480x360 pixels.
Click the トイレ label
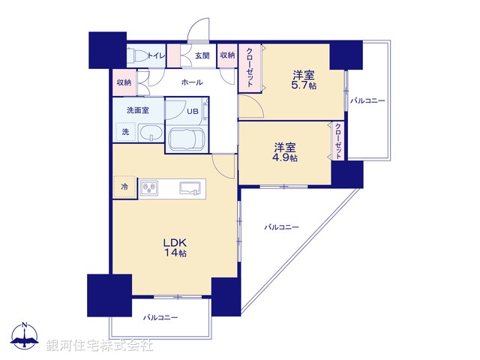coord(157,55)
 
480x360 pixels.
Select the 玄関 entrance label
coord(202,55)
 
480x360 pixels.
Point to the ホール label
coord(191,82)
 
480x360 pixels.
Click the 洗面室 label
coord(137,110)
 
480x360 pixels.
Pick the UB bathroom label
coord(193,112)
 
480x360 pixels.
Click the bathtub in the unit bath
coord(189,139)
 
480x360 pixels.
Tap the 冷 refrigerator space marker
coord(125,187)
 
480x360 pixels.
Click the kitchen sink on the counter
coord(190,187)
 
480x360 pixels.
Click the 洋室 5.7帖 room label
coord(304,80)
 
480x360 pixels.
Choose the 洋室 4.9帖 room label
coord(285,152)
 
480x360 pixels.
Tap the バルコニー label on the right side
coord(367,100)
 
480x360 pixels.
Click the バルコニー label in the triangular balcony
coord(282,226)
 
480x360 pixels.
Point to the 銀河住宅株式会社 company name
coord(100,346)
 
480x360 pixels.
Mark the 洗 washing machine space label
coord(125,132)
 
